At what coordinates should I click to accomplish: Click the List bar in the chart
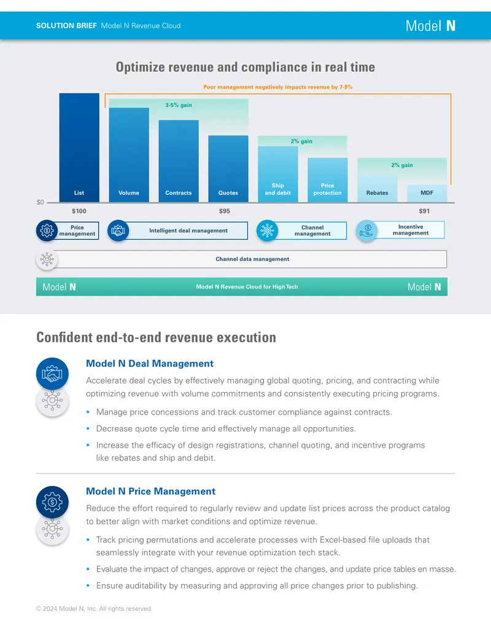coord(79,147)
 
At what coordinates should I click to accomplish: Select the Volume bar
coord(129,155)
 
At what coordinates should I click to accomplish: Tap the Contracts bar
coord(179,161)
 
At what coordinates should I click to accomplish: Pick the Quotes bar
coord(228,169)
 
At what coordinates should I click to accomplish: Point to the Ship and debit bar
coord(278,174)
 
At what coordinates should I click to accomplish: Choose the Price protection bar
coord(327,180)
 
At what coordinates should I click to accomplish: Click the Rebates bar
coord(377,189)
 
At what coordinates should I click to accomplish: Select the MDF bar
coord(427,193)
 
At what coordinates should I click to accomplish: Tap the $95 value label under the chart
coord(225,211)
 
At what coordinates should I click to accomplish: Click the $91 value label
coord(424,211)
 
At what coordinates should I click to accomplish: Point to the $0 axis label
coord(40,202)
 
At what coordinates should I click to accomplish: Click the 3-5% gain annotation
coord(178,105)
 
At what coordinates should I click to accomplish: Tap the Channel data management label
coord(252,259)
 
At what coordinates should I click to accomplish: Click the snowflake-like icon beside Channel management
coord(268,231)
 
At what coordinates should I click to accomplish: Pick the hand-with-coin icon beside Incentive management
coord(366,231)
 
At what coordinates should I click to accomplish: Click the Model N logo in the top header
coord(431,26)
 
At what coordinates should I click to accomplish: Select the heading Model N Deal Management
coord(150,363)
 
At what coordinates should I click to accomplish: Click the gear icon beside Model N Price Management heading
coord(52,502)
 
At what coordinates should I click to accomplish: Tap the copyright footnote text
coord(94,608)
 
